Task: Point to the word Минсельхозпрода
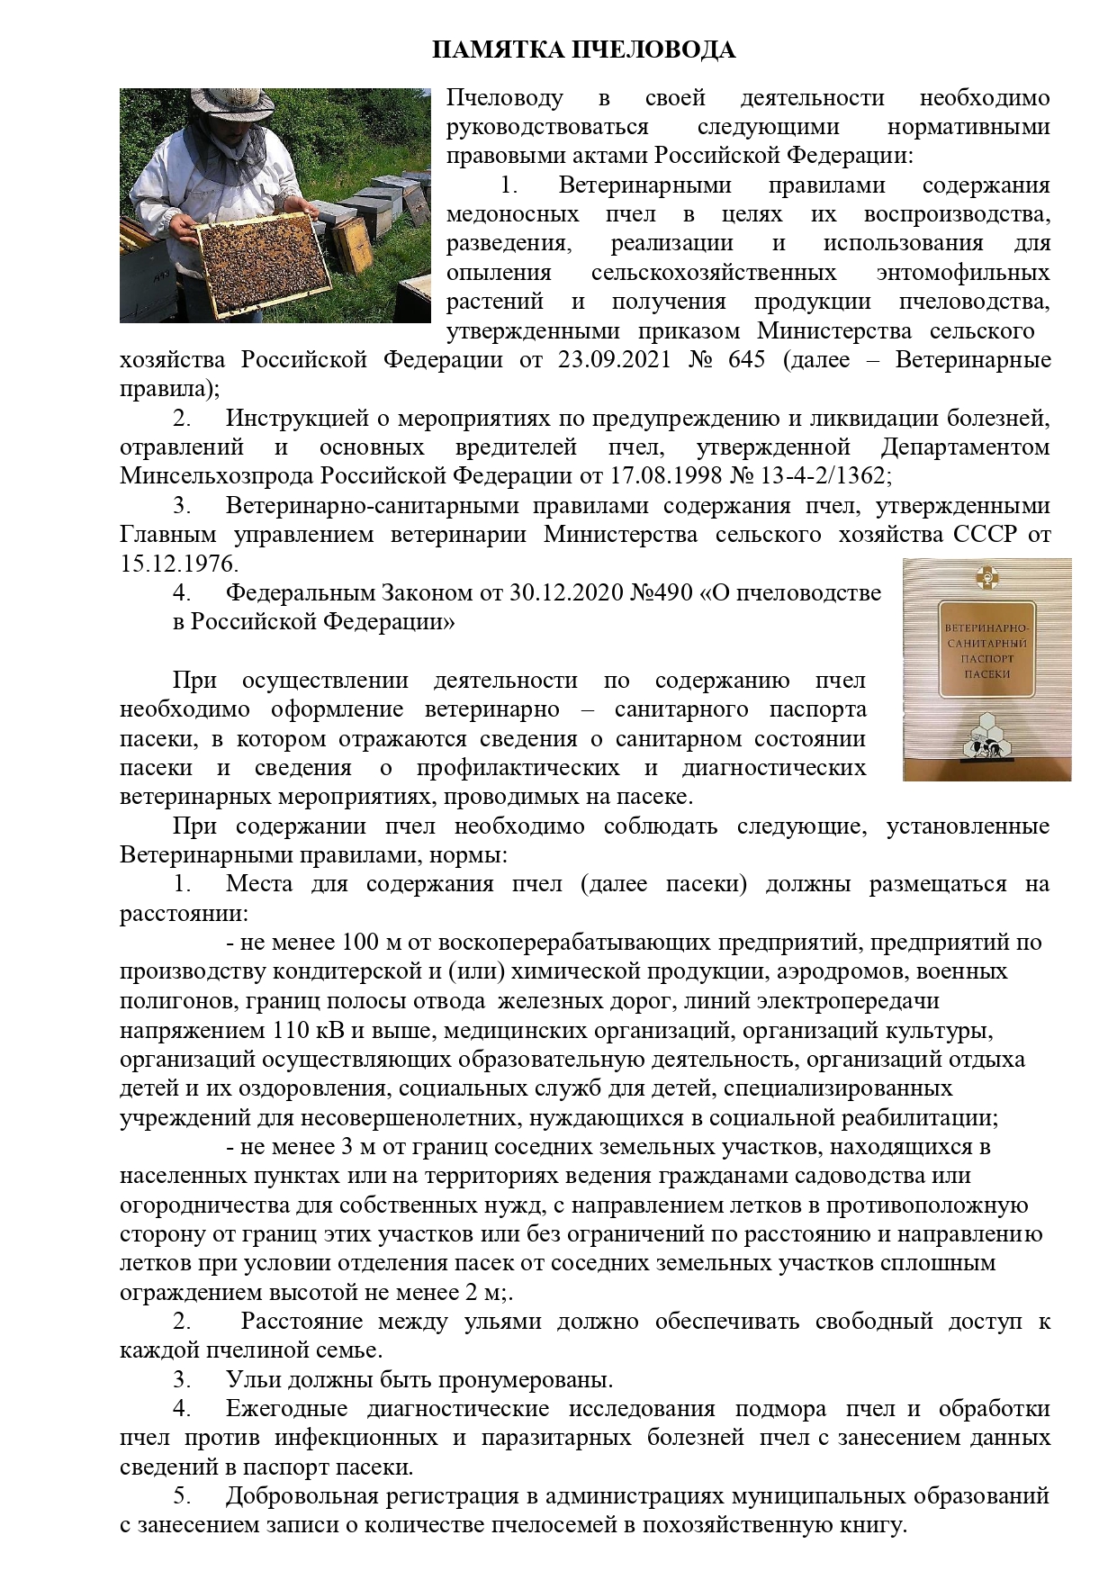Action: pos(217,476)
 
